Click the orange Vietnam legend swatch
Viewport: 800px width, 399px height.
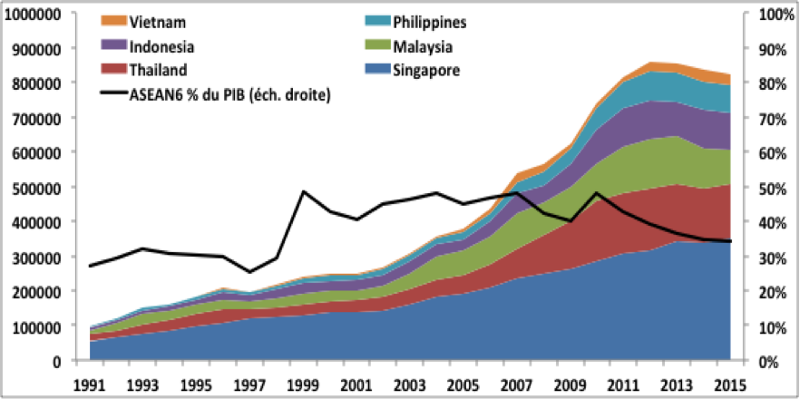tap(112, 21)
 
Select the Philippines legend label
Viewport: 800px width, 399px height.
tap(437, 21)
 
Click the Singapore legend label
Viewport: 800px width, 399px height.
tap(431, 70)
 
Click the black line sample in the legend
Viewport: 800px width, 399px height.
tap(112, 93)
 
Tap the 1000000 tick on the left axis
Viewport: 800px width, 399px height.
tap(32, 14)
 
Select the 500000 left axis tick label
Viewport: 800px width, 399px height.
tap(35, 188)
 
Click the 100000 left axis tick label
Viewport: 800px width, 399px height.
tap(35, 326)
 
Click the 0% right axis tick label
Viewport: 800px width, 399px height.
tap(769, 361)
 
